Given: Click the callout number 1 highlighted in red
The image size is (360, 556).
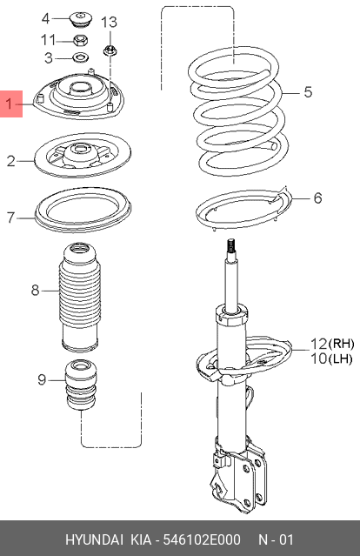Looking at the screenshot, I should [x=11, y=105].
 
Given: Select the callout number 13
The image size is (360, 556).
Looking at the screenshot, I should [x=109, y=21].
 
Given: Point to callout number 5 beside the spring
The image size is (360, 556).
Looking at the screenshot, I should [x=307, y=90].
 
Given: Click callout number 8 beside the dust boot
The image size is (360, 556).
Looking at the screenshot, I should [x=35, y=290].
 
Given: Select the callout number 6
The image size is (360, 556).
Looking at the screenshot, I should [x=317, y=198].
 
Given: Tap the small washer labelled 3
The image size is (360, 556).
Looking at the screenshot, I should [x=80, y=58].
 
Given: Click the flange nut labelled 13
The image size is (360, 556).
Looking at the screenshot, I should [x=111, y=50].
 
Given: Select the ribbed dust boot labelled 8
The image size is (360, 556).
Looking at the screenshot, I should [x=78, y=296].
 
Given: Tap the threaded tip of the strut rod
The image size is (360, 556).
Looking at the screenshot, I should [x=232, y=247].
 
